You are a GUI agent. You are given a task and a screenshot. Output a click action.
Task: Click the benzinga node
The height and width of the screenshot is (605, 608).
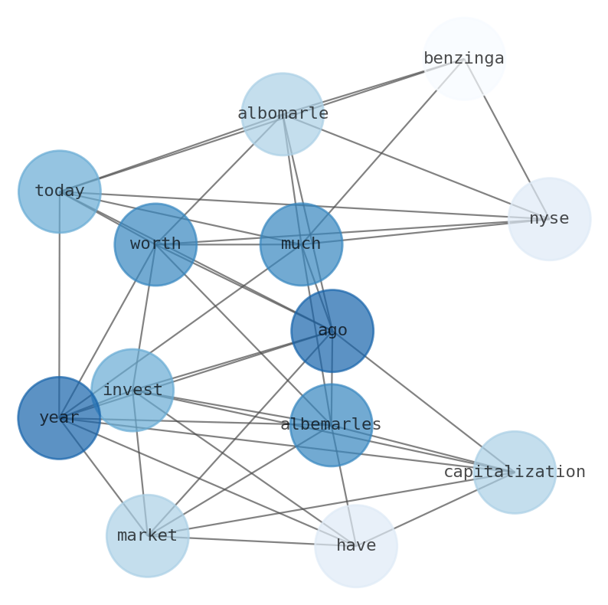464,58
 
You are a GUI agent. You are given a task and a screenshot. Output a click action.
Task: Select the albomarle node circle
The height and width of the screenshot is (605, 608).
283,114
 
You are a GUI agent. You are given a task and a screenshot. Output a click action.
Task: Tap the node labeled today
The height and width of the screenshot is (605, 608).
60,191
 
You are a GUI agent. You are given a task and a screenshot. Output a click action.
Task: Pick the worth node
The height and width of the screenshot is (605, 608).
155,244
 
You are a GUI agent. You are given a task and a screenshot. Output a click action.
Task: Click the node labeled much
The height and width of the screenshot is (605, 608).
301,244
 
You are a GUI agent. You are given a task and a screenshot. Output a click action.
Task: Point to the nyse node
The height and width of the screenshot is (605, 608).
549,219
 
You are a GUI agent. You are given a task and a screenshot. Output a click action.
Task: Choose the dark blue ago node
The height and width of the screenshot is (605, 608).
332,331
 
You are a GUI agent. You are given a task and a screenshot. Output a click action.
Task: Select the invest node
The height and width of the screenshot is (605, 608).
132,390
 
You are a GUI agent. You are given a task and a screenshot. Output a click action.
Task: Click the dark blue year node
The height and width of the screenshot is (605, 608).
59,418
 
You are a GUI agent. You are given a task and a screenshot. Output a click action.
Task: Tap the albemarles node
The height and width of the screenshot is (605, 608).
331,425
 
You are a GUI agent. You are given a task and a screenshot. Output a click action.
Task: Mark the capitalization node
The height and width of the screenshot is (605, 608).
515,473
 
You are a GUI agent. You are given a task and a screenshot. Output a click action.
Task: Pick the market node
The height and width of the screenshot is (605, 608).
148,536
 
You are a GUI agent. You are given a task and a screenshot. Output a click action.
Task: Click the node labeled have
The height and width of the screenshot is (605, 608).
356,546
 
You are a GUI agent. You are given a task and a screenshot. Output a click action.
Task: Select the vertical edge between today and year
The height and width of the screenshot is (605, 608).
60,306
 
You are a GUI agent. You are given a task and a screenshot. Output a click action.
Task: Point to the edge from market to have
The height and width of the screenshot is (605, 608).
253,541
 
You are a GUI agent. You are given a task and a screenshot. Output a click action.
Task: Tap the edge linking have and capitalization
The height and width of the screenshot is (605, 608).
436,509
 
